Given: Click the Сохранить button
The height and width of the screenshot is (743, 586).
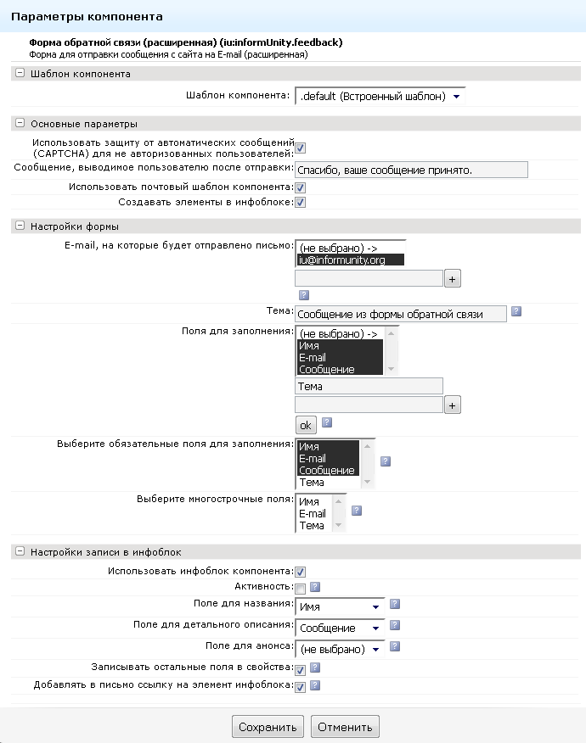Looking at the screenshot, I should [x=267, y=727].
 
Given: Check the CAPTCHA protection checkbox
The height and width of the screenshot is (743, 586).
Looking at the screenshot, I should [x=301, y=148].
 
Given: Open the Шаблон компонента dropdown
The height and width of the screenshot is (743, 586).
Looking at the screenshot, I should [x=380, y=97].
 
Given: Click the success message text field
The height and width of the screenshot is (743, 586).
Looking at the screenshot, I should [x=411, y=170].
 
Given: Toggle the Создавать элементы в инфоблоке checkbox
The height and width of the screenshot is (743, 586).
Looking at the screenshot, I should [x=300, y=202].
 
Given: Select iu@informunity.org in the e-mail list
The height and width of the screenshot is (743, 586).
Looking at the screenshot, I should [x=350, y=260].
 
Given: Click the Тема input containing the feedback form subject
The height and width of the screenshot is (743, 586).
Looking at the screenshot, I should [x=400, y=314].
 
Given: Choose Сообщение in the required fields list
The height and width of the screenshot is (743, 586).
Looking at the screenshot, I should [x=327, y=470].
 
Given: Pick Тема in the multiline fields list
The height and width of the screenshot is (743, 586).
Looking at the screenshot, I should [x=312, y=525].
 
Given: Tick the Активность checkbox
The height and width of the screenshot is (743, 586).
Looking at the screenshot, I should [x=300, y=588].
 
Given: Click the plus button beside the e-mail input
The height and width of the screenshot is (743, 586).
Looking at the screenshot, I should [x=453, y=278].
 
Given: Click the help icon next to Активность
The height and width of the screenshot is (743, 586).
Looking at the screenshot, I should [x=315, y=586].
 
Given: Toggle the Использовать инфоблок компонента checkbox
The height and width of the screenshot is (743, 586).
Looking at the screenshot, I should [x=300, y=572].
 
